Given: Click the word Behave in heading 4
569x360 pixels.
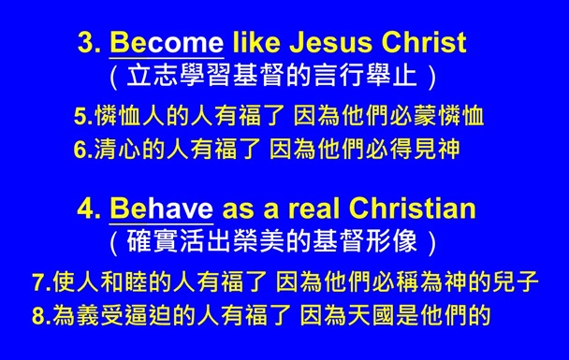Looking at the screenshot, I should click(162, 207).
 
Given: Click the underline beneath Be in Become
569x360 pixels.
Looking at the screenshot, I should click(126, 56).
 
